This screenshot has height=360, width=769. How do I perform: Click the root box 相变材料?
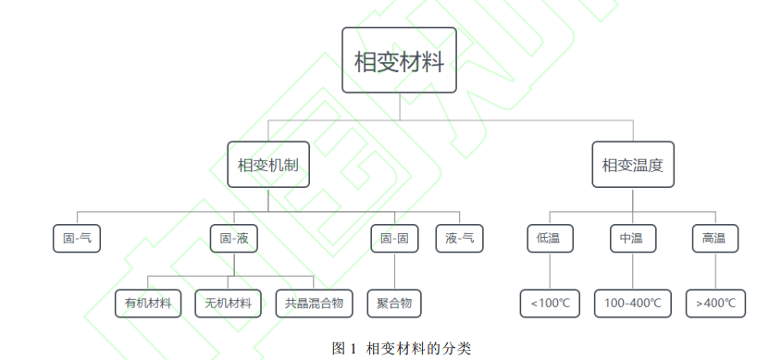click(399, 61)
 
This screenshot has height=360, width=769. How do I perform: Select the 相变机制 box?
click(268, 165)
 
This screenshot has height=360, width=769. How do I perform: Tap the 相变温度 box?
click(633, 165)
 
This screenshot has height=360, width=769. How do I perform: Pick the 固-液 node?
click(233, 239)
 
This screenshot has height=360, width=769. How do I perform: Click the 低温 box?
click(550, 239)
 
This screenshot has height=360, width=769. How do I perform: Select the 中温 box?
click(632, 239)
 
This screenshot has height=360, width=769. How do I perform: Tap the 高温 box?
click(713, 239)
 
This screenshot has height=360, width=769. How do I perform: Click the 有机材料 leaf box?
click(148, 303)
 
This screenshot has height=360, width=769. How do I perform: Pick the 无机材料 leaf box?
click(228, 303)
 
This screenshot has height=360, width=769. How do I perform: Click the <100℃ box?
click(550, 303)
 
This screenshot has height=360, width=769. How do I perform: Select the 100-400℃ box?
click(633, 303)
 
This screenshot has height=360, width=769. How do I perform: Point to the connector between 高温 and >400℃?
click(714, 271)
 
